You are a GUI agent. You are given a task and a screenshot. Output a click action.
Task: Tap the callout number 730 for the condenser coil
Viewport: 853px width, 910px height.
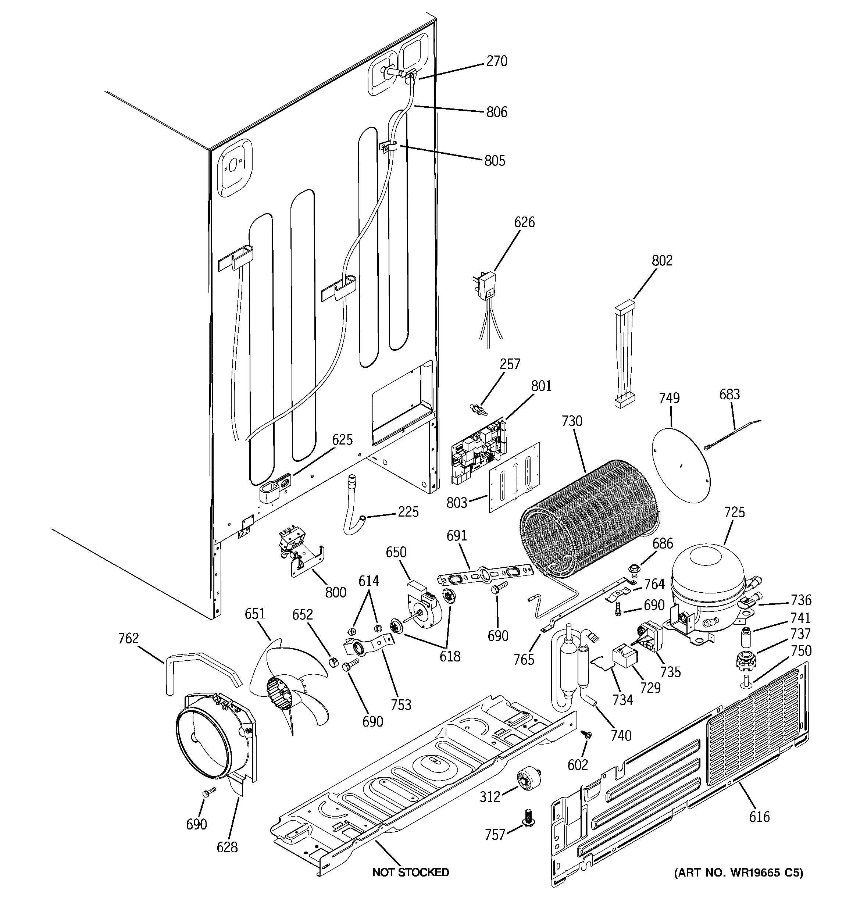pos(572,421)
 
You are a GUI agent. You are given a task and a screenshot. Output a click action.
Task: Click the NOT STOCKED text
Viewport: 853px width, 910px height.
pos(411,872)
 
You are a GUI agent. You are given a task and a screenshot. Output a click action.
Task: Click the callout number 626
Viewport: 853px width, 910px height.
pos(524,222)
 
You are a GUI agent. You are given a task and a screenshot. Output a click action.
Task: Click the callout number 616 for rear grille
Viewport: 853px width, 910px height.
pos(759,817)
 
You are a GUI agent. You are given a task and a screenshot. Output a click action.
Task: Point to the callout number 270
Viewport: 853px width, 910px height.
pos(497,61)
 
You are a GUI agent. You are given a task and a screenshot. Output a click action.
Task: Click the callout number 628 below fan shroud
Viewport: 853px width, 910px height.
pos(227,847)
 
